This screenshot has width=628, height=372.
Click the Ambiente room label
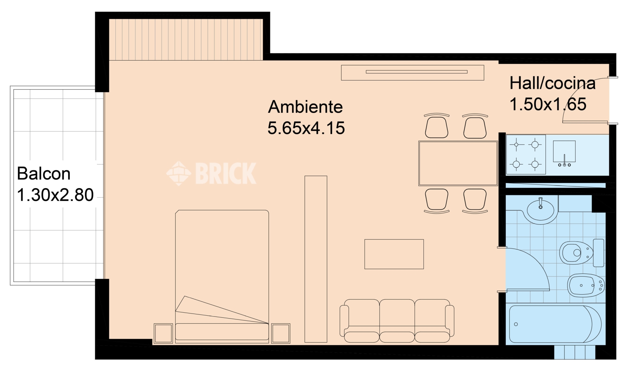pyautogui.click(x=305, y=107)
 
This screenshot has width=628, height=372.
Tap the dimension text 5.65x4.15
pyautogui.click(x=306, y=128)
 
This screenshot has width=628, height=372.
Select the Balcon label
pyautogui.click(x=44, y=174)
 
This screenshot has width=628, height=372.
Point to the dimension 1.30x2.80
pyautogui.click(x=55, y=195)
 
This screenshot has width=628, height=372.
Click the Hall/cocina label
pyautogui.click(x=552, y=83)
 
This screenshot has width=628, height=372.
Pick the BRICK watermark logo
pyautogui.click(x=211, y=173)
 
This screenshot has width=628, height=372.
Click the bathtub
pyautogui.click(x=555, y=324)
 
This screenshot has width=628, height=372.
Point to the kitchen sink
pyautogui.click(x=564, y=153)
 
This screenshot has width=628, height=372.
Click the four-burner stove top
pyautogui.click(x=526, y=154)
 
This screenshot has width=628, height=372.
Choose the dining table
pyautogui.click(x=458, y=163)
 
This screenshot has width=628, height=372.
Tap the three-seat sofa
pyautogui.click(x=397, y=321)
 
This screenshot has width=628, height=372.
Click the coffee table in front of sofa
pyautogui.click(x=394, y=254)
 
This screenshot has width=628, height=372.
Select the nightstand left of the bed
pyautogui.click(x=163, y=333)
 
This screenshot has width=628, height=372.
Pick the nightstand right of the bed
pyautogui.click(x=281, y=333)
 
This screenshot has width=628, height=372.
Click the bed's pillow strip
pyautogui.click(x=222, y=332)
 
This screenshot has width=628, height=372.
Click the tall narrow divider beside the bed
pyautogui.click(x=316, y=259)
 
